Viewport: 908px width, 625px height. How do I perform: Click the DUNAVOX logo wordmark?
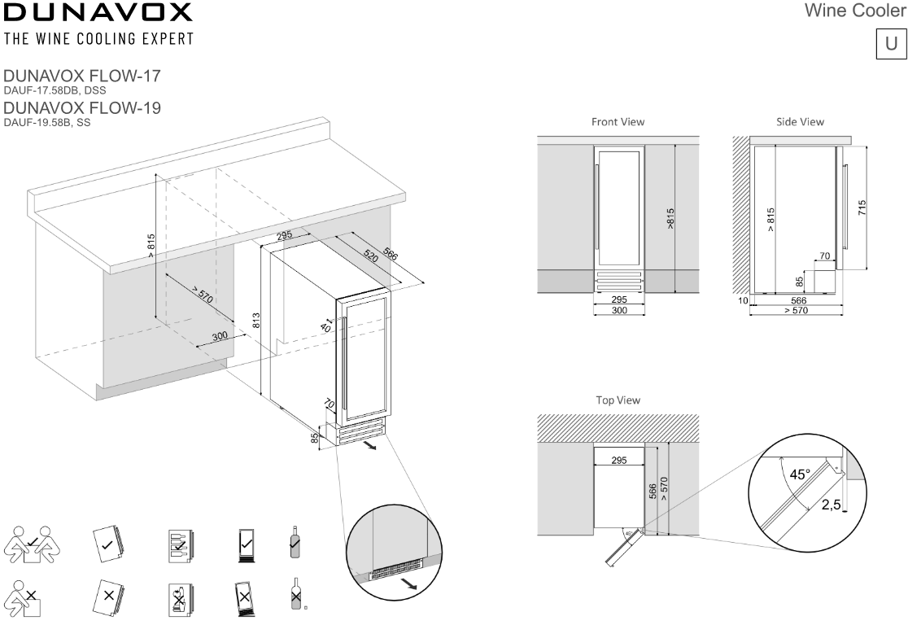click(x=98, y=13)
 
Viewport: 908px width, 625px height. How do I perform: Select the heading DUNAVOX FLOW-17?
click(x=82, y=76)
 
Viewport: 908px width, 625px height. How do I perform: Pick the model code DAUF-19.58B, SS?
click(x=47, y=123)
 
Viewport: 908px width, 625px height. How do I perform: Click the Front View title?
click(x=618, y=122)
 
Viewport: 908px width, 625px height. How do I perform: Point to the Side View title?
click(x=800, y=122)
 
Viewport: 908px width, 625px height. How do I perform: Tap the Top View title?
click(x=618, y=400)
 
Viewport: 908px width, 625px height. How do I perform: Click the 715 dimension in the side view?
click(x=862, y=208)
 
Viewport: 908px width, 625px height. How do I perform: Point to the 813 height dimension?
click(x=255, y=320)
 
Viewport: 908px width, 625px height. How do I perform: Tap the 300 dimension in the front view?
click(x=618, y=310)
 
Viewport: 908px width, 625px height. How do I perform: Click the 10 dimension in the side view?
click(x=742, y=301)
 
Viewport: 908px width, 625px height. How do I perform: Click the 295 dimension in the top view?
click(x=618, y=461)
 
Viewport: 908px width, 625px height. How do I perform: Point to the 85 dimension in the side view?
click(x=800, y=282)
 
